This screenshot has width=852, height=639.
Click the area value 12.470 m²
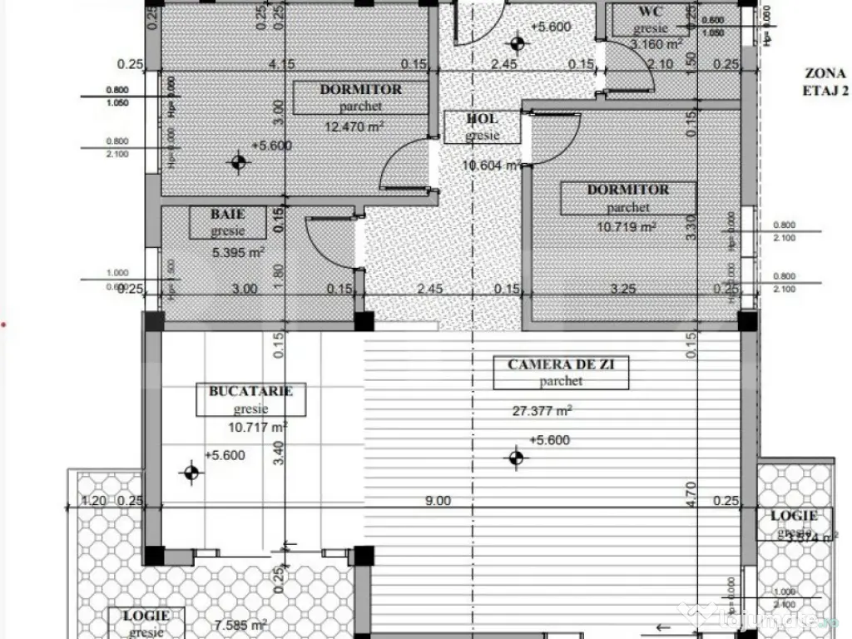[354, 126]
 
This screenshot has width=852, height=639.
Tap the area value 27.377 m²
[542, 410]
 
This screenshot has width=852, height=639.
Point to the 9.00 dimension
[438, 501]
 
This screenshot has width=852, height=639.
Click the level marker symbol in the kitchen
[192, 473]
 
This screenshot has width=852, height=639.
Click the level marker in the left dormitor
[240, 162]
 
